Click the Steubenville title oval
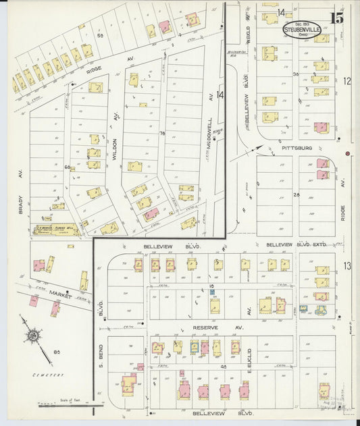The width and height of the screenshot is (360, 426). point(302,30)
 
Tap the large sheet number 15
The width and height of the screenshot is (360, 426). point(336,18)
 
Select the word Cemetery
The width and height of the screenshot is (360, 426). point(51,375)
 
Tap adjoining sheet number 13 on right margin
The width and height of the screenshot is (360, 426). point(346,266)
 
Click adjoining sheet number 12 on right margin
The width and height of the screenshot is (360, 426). point(347,81)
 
